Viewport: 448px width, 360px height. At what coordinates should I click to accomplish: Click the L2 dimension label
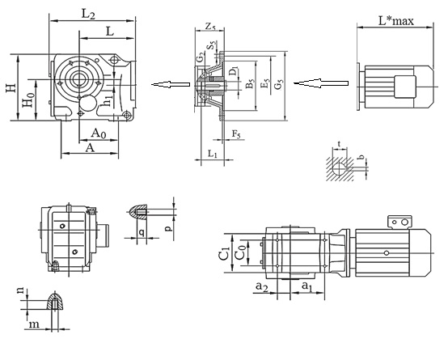(x=88, y=14)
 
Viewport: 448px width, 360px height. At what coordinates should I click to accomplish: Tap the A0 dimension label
(x=99, y=133)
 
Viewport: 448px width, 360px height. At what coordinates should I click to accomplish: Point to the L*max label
(x=396, y=20)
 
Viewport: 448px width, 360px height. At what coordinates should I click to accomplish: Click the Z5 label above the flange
(x=210, y=27)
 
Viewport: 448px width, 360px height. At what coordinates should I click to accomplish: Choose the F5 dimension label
(x=236, y=133)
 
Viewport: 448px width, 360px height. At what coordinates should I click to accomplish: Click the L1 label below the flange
(x=213, y=155)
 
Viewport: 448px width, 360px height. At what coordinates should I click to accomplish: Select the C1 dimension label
(x=224, y=253)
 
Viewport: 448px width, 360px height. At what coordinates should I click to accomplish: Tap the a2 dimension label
(x=262, y=286)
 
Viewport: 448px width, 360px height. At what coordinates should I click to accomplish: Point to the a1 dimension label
(x=306, y=286)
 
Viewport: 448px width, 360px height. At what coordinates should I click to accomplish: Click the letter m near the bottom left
(x=34, y=324)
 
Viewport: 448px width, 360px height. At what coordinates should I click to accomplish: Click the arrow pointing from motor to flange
(x=321, y=83)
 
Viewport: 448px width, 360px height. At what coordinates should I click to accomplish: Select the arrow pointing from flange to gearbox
(x=171, y=84)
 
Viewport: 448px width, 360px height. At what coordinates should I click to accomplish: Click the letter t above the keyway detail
(x=339, y=144)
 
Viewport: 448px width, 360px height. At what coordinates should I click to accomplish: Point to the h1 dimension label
(x=108, y=100)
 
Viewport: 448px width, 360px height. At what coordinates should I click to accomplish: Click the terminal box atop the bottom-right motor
(x=400, y=222)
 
